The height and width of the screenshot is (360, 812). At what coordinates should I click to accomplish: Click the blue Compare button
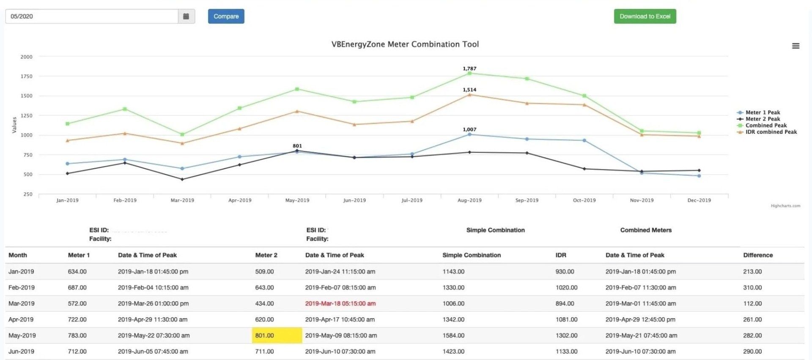(x=226, y=16)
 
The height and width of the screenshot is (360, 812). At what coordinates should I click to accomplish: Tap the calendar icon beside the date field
(x=186, y=16)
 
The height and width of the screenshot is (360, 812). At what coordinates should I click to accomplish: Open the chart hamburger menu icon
(x=796, y=46)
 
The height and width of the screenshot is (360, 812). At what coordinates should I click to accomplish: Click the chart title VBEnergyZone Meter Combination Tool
(x=405, y=44)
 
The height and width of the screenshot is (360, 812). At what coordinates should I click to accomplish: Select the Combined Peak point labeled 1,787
(x=469, y=73)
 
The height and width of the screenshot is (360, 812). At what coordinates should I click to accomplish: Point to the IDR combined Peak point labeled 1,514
(x=469, y=95)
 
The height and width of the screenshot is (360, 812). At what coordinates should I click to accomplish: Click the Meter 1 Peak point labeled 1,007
(x=469, y=135)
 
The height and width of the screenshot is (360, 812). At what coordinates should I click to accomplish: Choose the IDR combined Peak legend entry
(x=767, y=132)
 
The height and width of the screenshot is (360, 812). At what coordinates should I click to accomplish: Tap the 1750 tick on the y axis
(x=26, y=77)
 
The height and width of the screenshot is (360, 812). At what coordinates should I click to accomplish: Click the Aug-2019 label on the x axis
(x=469, y=201)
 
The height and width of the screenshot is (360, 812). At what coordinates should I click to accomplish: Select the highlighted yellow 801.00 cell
(x=277, y=335)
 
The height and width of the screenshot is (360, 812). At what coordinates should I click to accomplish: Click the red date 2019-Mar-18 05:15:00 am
(x=340, y=304)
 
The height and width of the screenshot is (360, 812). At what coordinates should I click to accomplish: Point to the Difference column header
(x=758, y=255)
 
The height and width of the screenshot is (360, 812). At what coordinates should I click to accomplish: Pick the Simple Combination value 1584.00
(x=453, y=335)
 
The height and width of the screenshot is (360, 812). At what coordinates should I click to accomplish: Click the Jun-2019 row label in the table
(x=21, y=352)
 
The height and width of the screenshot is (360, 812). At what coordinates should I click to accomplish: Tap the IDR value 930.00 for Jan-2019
(x=565, y=272)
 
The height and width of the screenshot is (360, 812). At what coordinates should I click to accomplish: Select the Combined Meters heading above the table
(x=646, y=230)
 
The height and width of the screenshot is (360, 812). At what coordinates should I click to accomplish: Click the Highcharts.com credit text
(x=785, y=206)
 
